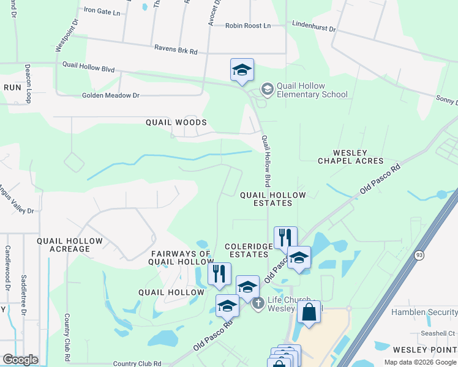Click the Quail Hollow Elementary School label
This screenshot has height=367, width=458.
[x=312, y=91]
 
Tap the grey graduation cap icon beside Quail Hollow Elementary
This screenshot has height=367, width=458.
[x=267, y=89]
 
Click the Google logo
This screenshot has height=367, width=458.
[x=20, y=360]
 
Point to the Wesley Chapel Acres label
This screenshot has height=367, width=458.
[x=350, y=157]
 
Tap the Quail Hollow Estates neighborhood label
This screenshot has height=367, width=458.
[x=272, y=199]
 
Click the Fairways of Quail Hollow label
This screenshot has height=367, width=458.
[x=181, y=258]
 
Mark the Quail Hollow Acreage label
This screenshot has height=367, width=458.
[x=63, y=245]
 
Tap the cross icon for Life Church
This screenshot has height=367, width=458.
[x=258, y=302]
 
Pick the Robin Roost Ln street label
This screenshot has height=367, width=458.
[x=247, y=26]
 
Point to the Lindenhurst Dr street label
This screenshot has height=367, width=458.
[x=314, y=29]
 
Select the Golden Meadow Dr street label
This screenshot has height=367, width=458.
[x=111, y=95]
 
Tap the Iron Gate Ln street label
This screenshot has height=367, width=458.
[x=103, y=10]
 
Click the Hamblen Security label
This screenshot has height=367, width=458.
[x=424, y=313]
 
